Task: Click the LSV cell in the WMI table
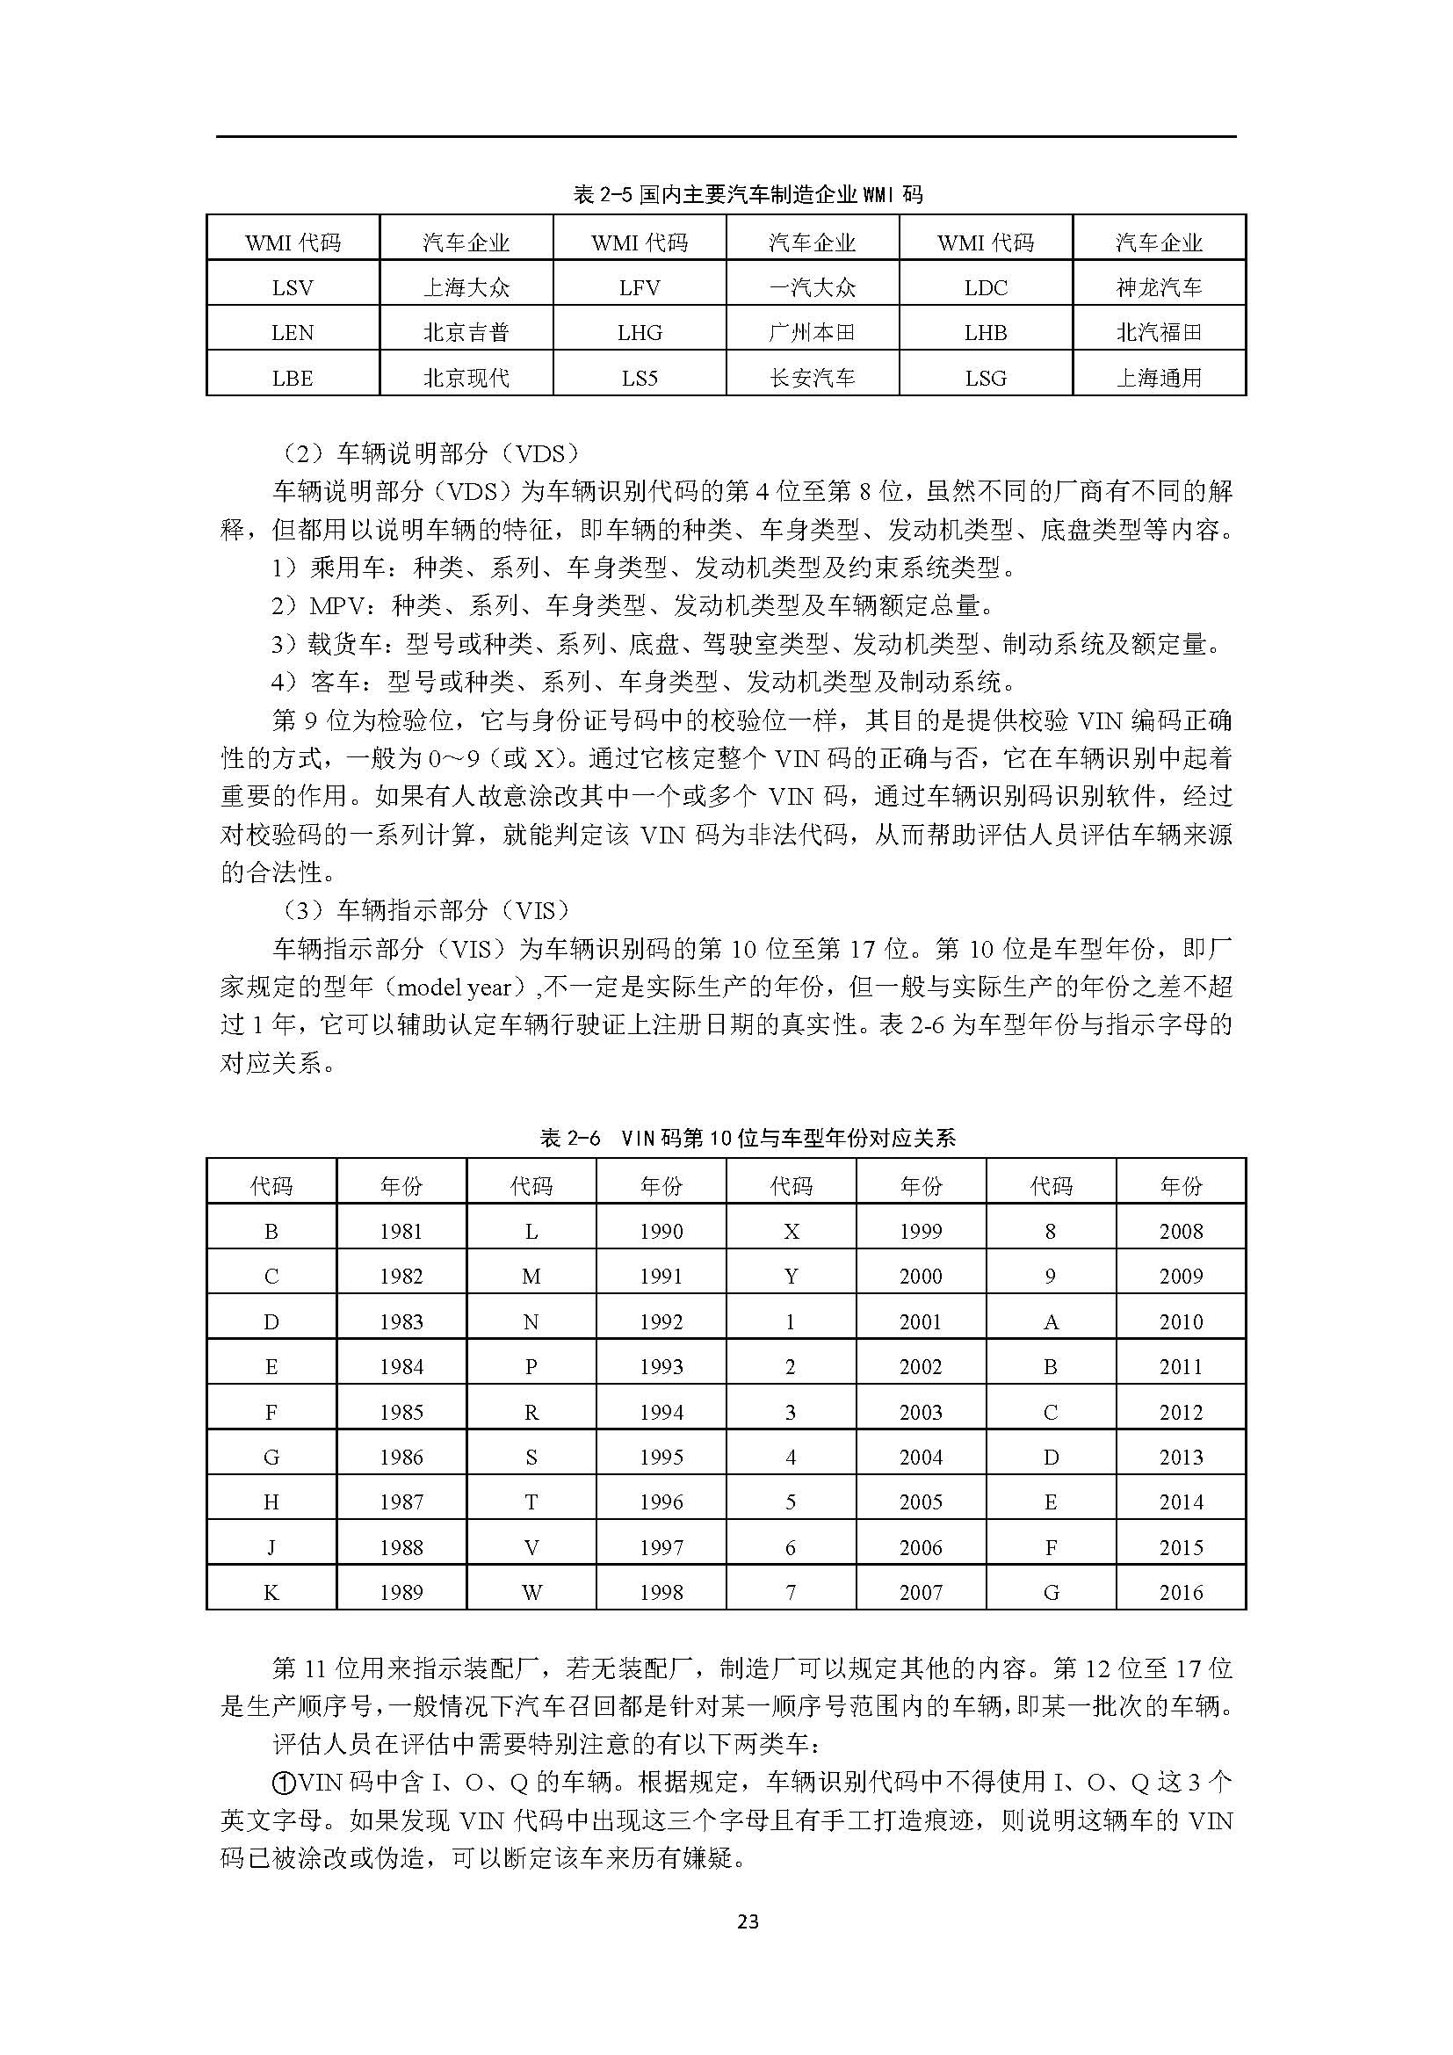(x=293, y=287)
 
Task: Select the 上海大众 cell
(x=466, y=287)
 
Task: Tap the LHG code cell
(x=640, y=333)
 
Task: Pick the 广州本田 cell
(x=813, y=333)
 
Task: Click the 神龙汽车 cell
(x=1159, y=287)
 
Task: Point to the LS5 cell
(x=640, y=379)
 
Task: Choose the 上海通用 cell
(x=1159, y=379)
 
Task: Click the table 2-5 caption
(x=748, y=194)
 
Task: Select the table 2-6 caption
(x=748, y=1138)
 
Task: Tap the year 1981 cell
(x=401, y=1232)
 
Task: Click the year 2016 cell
(x=1180, y=1592)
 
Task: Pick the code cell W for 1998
(x=531, y=1592)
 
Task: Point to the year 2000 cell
(x=921, y=1277)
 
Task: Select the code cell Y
(x=791, y=1277)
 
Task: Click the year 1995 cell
(x=661, y=1457)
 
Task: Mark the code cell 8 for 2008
(x=1051, y=1232)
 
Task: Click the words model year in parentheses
(x=453, y=988)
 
